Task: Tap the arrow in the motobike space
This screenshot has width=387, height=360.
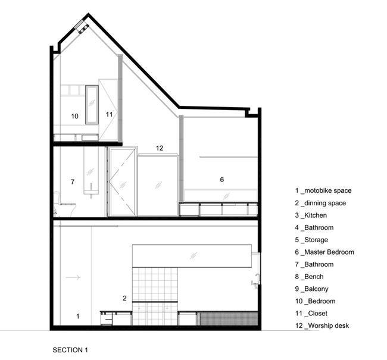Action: tap(73, 277)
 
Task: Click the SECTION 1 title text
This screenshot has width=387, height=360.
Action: tap(70, 350)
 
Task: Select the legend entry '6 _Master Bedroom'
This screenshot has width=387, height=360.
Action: tap(324, 252)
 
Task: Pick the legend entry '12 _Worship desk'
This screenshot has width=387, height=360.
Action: tap(322, 325)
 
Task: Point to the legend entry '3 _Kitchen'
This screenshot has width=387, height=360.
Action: tap(311, 215)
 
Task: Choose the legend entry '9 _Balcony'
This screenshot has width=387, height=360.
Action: tap(312, 289)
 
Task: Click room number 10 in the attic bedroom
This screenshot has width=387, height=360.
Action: tap(75, 116)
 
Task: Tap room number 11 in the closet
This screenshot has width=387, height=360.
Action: tap(109, 114)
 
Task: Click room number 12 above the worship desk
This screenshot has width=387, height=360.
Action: tap(160, 148)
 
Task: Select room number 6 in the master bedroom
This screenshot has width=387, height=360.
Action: tap(222, 180)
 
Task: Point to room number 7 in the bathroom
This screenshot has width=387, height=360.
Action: tap(73, 182)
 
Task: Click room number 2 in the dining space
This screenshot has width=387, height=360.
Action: tap(124, 298)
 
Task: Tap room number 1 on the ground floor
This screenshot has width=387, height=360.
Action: tap(78, 316)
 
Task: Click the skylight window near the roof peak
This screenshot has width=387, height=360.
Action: tap(79, 24)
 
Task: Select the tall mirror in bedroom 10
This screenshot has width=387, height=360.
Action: tap(92, 104)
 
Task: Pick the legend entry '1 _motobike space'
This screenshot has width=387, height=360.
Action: tap(323, 190)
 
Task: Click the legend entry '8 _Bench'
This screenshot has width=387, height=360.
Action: tap(309, 277)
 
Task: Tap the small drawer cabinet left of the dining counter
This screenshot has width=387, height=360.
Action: tap(107, 318)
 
